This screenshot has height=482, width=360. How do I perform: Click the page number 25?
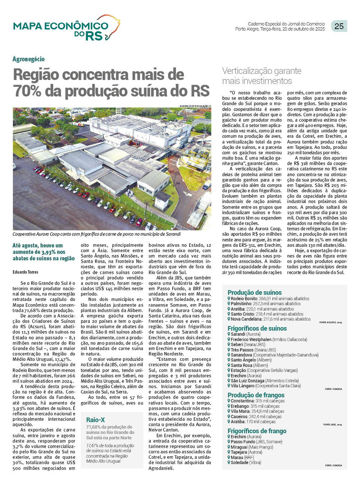click(x=339, y=26)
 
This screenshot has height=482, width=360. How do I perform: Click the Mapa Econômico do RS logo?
click(x=66, y=28)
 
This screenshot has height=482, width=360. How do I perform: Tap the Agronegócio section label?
click(x=29, y=59)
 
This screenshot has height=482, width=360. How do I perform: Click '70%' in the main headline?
click(x=27, y=91)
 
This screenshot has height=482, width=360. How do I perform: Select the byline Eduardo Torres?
click(x=25, y=272)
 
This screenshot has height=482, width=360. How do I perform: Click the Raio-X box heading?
click(x=95, y=420)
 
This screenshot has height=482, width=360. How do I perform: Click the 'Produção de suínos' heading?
click(x=254, y=292)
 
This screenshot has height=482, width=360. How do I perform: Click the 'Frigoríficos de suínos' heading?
click(x=257, y=328)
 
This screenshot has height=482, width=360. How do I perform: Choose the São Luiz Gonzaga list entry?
click(x=264, y=381)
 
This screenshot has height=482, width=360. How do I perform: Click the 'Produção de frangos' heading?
click(x=256, y=395)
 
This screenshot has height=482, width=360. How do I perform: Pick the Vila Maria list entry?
click(x=257, y=411)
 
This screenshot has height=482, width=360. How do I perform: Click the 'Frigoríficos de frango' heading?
click(x=257, y=431)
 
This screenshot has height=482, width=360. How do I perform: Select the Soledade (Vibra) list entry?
click(x=246, y=463)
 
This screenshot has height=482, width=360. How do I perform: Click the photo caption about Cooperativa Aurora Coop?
click(x=97, y=234)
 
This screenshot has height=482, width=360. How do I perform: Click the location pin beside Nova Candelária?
click(x=229, y=319)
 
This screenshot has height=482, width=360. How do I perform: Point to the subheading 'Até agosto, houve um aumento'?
click(x=43, y=252)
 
